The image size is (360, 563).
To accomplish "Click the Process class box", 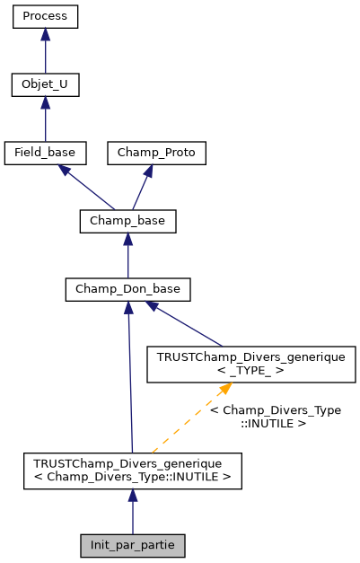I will pyautogui.click(x=45, y=17).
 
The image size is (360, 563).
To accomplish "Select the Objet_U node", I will pyautogui.click(x=45, y=85).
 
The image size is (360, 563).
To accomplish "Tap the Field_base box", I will pyautogui.click(x=45, y=153).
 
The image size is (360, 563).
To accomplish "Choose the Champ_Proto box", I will pyautogui.click(x=157, y=153).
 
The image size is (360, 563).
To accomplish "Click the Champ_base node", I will pyautogui.click(x=127, y=220).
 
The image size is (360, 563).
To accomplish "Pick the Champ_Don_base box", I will pyautogui.click(x=127, y=289).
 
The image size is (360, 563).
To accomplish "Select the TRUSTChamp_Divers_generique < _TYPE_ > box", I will pyautogui.click(x=251, y=364).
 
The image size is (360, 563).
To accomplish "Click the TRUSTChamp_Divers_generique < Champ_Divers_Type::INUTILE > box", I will pyautogui.click(x=132, y=471).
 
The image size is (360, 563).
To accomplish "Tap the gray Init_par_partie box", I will pyautogui.click(x=132, y=545).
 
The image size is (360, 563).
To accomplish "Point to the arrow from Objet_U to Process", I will pyautogui.click(x=45, y=51).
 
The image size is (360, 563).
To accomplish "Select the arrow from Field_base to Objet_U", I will pyautogui.click(x=45, y=119).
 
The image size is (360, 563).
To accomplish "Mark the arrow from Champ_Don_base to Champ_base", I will pyautogui.click(x=127, y=255).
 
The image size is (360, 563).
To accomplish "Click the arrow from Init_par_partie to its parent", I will pyautogui.click(x=132, y=512).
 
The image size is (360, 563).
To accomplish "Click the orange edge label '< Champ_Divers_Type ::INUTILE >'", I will pyautogui.click(x=275, y=416).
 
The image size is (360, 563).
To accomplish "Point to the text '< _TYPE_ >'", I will pyautogui.click(x=251, y=371).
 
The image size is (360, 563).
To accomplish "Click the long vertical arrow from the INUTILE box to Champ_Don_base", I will pyautogui.click(x=130, y=377).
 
